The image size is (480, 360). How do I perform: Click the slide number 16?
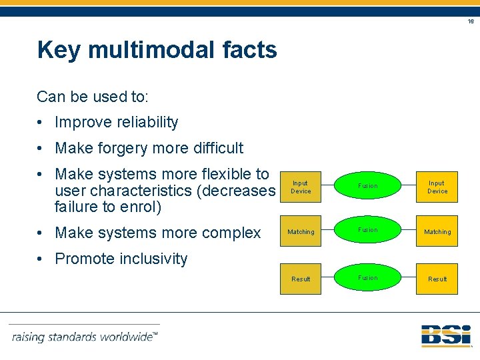pyautogui.click(x=470, y=21)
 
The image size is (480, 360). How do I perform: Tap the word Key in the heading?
pyautogui.click(x=59, y=50)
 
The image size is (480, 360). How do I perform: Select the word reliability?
pyautogui.click(x=146, y=123)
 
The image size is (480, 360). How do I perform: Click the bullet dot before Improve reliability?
pyautogui.click(x=41, y=123)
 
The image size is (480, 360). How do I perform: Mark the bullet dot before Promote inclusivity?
pyautogui.click(x=41, y=259)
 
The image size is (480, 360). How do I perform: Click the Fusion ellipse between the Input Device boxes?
pyautogui.click(x=367, y=186)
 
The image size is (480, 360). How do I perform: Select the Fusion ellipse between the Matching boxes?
pyautogui.click(x=367, y=231)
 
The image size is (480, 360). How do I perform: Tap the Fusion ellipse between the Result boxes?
pyautogui.click(x=367, y=278)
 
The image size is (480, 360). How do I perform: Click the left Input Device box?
pyautogui.click(x=301, y=187)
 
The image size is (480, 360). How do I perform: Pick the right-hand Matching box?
pyautogui.click(x=437, y=231)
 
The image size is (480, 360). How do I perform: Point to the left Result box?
pyautogui.click(x=301, y=279)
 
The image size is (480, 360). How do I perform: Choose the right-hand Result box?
pyautogui.click(x=437, y=279)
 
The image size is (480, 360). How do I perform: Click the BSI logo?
pyautogui.click(x=445, y=335)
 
